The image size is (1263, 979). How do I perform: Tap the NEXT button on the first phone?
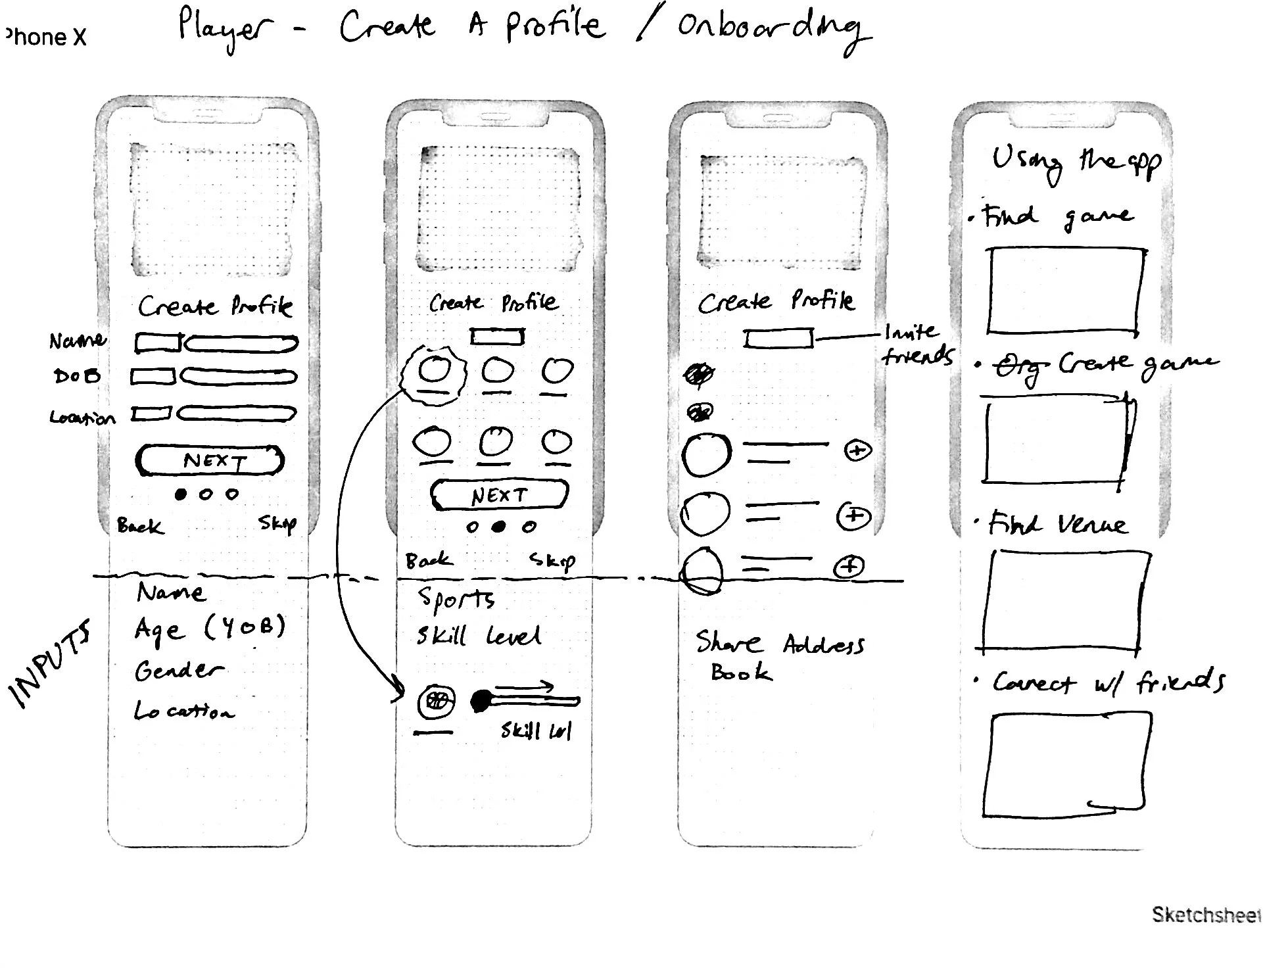pyautogui.click(x=210, y=460)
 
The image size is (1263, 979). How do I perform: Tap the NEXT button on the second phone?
pyautogui.click(x=499, y=495)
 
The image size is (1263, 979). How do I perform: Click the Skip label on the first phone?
pyautogui.click(x=277, y=523)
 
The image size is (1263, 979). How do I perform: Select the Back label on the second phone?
pyautogui.click(x=429, y=560)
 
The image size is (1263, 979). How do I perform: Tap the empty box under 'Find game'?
pyautogui.click(x=1065, y=291)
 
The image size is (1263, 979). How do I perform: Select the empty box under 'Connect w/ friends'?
pyautogui.click(x=1068, y=765)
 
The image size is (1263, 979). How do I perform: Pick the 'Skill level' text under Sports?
pyautogui.click(x=479, y=636)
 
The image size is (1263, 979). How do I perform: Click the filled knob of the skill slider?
pyautogui.click(x=482, y=702)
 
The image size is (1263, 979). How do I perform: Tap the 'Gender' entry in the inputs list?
pyautogui.click(x=178, y=671)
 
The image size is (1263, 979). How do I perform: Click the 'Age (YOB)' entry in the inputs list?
pyautogui.click(x=209, y=629)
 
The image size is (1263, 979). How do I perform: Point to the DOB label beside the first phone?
pyautogui.click(x=77, y=376)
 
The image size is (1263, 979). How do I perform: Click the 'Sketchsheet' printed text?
pyautogui.click(x=1205, y=915)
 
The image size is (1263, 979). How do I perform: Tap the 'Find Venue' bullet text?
pyautogui.click(x=1057, y=525)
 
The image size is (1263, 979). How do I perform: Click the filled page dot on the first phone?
pyautogui.click(x=181, y=494)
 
